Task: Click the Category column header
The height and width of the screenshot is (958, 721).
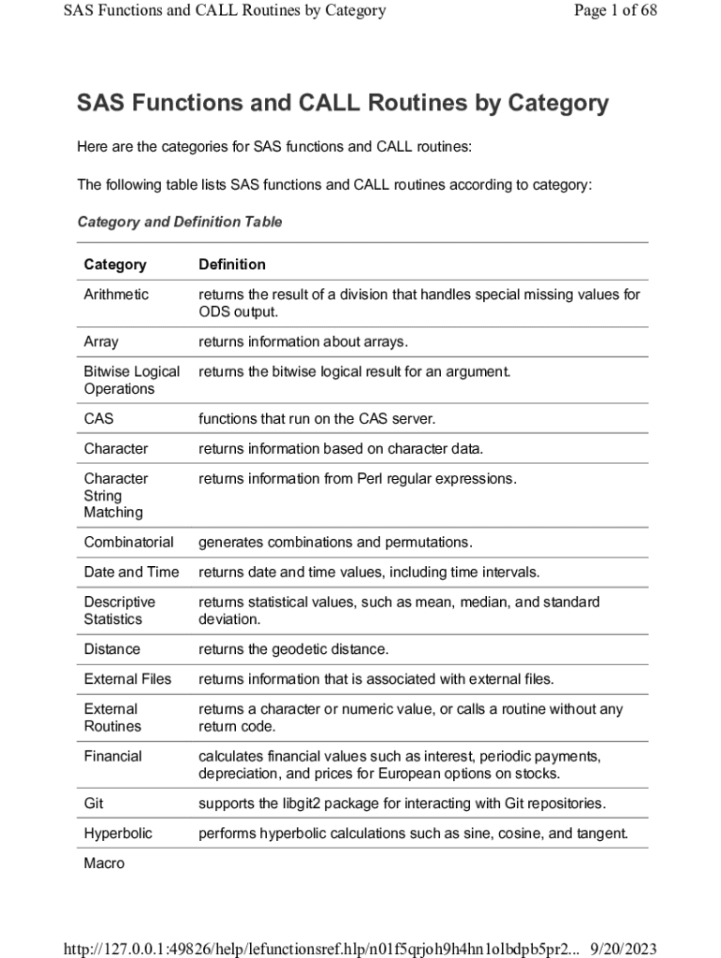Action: click(x=115, y=265)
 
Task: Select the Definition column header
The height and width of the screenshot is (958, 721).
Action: click(x=232, y=265)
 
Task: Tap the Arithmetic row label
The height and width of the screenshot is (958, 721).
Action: click(x=116, y=295)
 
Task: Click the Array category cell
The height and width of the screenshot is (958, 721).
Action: click(x=101, y=342)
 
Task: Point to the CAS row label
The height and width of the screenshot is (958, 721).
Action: click(x=98, y=419)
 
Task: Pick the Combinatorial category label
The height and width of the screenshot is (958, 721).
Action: click(x=128, y=543)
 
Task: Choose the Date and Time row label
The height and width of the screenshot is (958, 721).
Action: click(x=131, y=573)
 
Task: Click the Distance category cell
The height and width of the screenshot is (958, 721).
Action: click(x=111, y=649)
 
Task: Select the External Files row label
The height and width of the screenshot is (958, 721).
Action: click(x=127, y=679)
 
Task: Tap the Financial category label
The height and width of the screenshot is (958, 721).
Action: click(x=112, y=756)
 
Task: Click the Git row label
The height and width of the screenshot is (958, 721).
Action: click(x=94, y=804)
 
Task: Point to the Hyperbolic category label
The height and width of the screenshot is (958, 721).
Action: click(x=118, y=834)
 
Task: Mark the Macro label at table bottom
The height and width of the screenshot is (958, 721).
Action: click(x=104, y=864)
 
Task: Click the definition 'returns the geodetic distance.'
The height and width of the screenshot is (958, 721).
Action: click(x=293, y=649)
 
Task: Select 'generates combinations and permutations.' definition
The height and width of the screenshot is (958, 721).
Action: click(x=335, y=543)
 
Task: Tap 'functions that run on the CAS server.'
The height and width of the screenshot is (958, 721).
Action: click(x=317, y=419)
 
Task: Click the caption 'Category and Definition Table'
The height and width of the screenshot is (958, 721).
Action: click(x=179, y=223)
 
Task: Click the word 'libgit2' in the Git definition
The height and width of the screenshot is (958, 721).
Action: click(x=302, y=804)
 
